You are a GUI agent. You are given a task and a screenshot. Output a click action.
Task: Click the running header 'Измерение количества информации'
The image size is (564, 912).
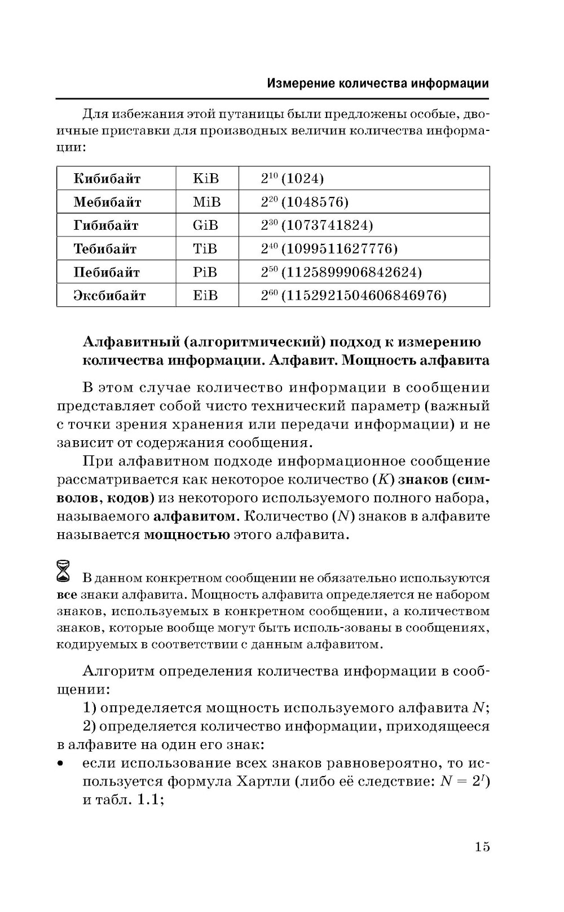[x=377, y=84]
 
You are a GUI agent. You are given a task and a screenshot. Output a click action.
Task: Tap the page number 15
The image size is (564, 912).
[x=482, y=847]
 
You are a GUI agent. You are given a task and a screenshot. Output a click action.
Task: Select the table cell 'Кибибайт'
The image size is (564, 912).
[x=107, y=179]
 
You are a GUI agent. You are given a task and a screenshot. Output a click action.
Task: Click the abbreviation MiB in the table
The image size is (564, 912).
[x=206, y=202]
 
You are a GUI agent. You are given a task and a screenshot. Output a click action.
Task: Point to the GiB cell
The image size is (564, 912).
[x=205, y=226]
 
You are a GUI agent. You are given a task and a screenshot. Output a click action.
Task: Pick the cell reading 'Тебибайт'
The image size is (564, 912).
[x=105, y=249]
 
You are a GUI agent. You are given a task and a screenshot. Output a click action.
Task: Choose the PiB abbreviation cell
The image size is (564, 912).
[x=205, y=273]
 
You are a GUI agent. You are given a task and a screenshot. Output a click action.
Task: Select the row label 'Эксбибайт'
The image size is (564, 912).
[x=109, y=296]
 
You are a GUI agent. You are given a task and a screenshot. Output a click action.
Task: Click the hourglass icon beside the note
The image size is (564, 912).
[x=64, y=571]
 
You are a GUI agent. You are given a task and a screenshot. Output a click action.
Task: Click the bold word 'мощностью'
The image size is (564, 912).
[x=187, y=535]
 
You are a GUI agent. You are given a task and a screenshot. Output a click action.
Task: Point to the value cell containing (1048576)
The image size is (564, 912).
[x=305, y=202]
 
